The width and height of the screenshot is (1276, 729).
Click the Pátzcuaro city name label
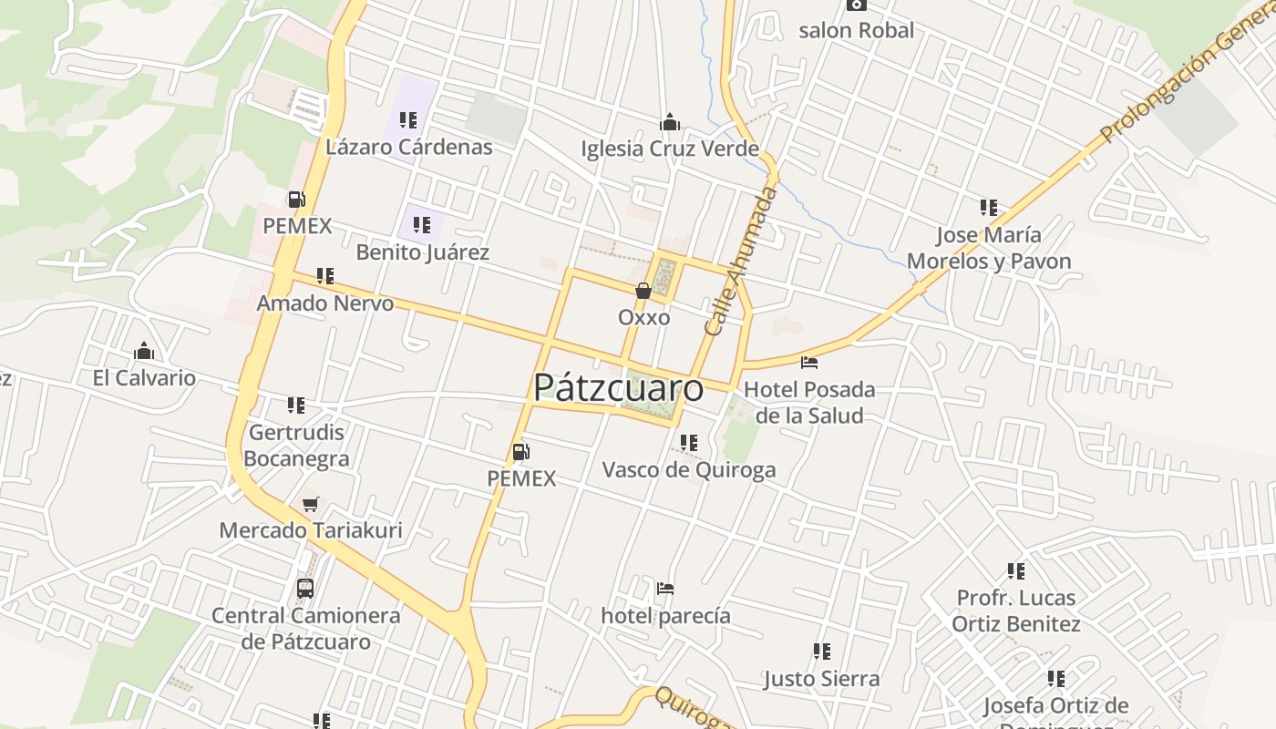[x=618, y=388]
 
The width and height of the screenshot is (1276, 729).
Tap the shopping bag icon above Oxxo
[x=643, y=291]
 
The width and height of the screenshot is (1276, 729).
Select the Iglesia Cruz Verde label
[x=670, y=149]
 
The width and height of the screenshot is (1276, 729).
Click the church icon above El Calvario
[x=144, y=352]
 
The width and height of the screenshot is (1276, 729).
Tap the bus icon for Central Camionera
[x=305, y=589]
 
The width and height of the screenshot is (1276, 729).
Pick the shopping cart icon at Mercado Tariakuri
[x=310, y=504]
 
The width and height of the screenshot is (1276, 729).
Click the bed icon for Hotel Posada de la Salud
[x=809, y=363]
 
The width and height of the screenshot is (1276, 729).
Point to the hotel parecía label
[x=665, y=616]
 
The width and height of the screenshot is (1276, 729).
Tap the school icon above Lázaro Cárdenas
[x=407, y=120]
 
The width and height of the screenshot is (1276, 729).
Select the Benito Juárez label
[x=422, y=252]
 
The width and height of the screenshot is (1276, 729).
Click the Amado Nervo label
[x=325, y=303]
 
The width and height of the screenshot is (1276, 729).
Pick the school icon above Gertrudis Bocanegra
[x=296, y=405]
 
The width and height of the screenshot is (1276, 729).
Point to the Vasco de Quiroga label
[x=689, y=470]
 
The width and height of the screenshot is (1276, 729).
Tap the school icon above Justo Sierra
[x=822, y=652]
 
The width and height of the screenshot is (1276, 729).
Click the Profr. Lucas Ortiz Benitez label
[x=1016, y=611]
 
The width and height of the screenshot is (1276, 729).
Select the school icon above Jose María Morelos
[x=989, y=208]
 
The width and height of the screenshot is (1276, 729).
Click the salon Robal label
[x=856, y=31]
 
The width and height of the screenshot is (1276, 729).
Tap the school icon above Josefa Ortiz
[x=1056, y=679]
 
